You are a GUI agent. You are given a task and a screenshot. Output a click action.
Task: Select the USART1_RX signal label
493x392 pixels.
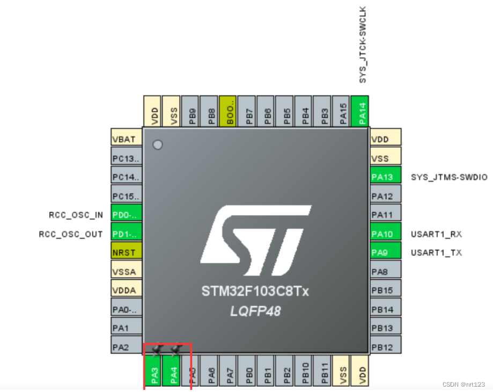(x=436, y=234)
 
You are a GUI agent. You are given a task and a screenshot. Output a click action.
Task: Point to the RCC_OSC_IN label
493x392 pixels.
(x=76, y=215)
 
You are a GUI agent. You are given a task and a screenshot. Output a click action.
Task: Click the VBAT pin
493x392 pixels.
(x=126, y=140)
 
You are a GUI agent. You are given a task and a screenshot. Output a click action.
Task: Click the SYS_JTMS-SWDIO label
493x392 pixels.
(x=449, y=177)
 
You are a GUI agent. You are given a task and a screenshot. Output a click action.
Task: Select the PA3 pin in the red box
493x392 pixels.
(x=154, y=371)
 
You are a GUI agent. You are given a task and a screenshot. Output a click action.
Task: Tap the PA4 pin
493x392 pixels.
(x=173, y=371)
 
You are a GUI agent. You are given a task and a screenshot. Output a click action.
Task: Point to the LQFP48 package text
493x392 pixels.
(x=255, y=311)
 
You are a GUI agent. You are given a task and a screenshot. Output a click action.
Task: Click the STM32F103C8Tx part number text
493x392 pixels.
(x=255, y=292)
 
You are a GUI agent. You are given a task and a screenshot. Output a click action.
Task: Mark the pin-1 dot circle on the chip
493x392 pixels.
(x=158, y=145)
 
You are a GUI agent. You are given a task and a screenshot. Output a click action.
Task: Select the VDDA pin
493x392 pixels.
(x=126, y=291)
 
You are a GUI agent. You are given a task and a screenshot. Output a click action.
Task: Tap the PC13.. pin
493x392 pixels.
(x=126, y=159)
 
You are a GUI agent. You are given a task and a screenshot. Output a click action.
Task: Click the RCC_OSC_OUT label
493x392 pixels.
(x=71, y=234)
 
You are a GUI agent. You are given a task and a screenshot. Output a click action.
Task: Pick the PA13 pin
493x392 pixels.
(x=386, y=177)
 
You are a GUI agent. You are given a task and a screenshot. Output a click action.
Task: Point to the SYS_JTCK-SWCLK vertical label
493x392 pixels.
(x=363, y=45)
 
